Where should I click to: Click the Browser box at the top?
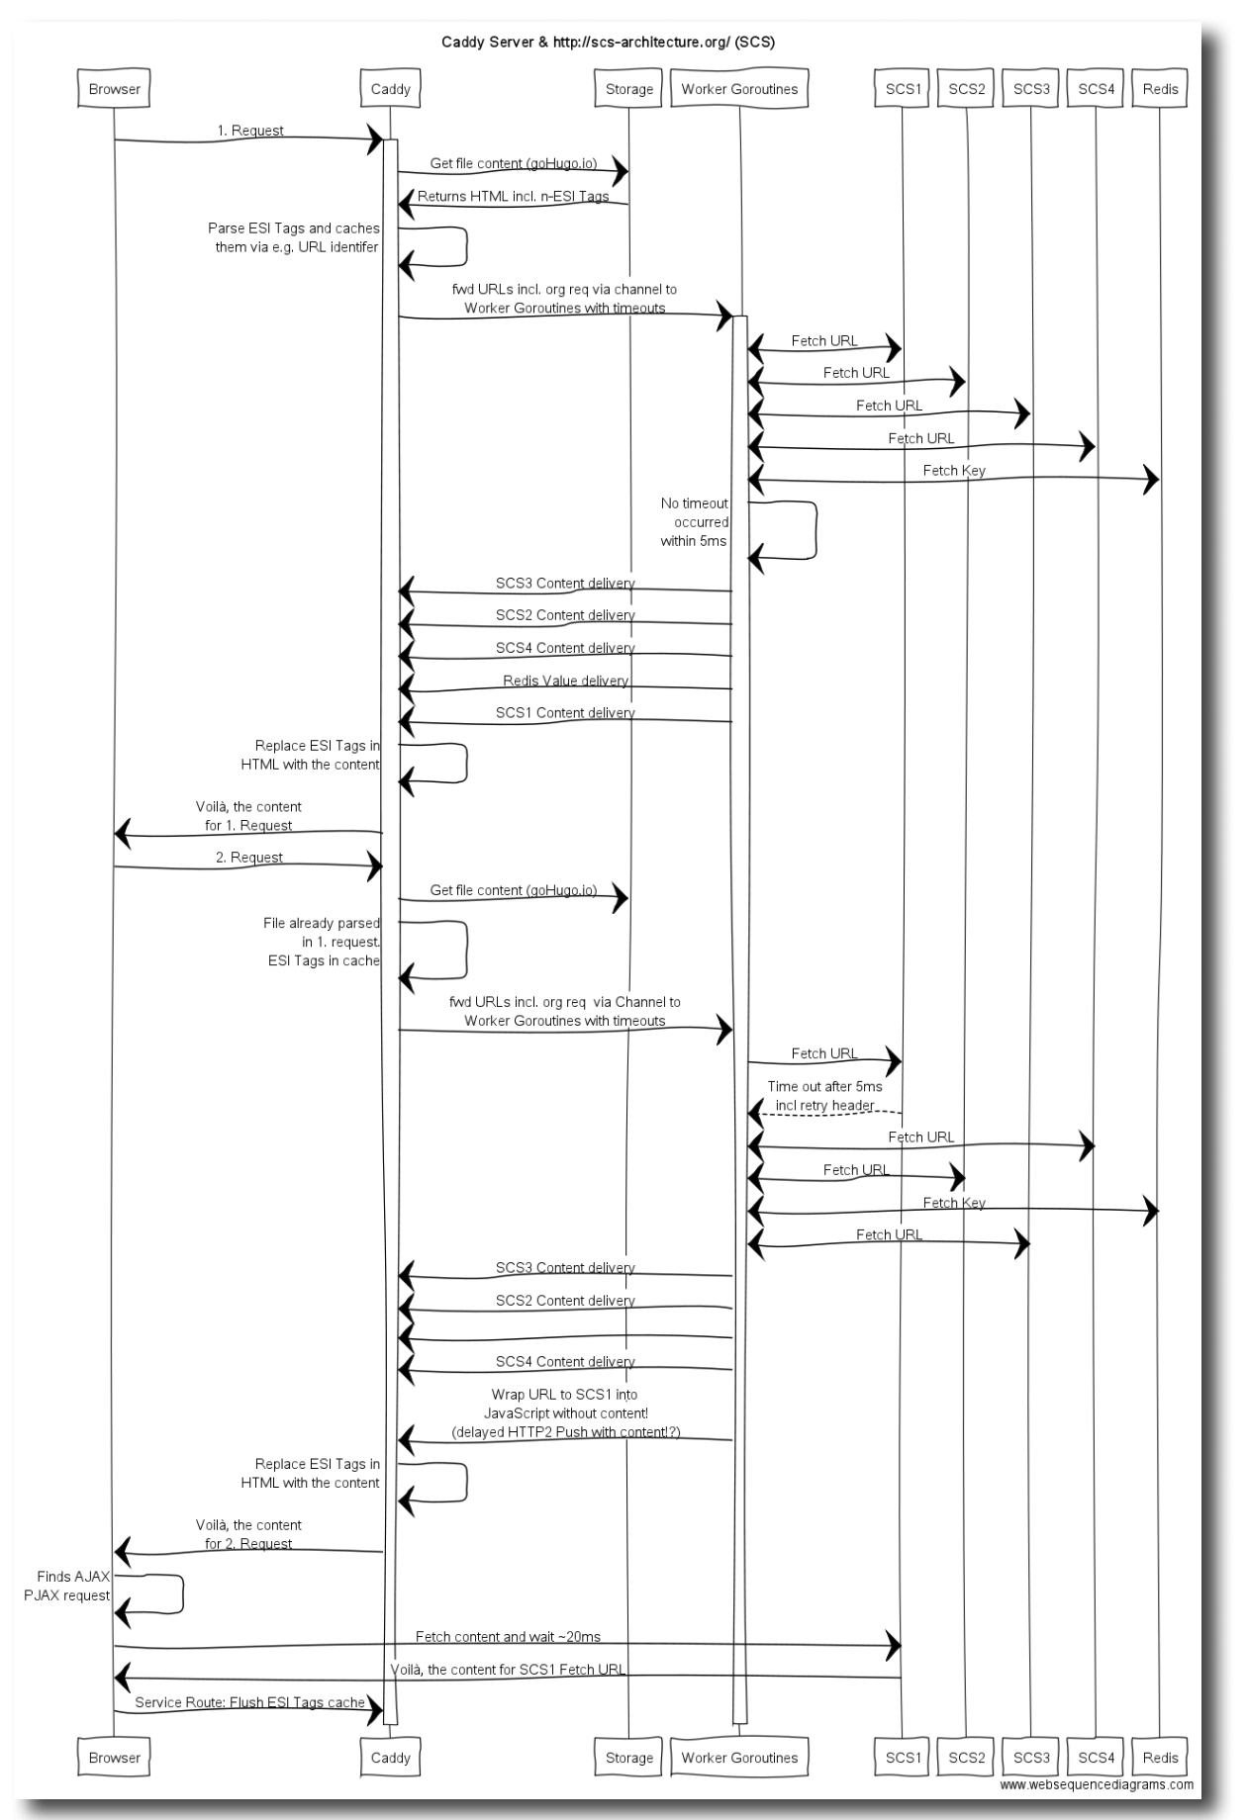pos(114,89)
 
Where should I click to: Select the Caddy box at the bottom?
pos(390,1758)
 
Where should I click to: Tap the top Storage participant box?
pos(628,89)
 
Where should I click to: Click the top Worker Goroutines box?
pos(739,89)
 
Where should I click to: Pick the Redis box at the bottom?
pos(1160,1758)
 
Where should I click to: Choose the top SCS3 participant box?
pos(1031,89)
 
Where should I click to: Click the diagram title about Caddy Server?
pos(608,43)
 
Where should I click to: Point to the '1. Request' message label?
pos(250,131)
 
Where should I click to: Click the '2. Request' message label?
pos(249,858)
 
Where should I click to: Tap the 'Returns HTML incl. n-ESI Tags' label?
pos(513,196)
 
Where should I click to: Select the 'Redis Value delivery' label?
pos(565,681)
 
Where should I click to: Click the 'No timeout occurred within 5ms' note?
pos(695,522)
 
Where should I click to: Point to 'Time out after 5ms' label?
pos(824,1086)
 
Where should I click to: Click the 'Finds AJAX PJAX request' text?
pos(67,1586)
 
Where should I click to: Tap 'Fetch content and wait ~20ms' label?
pos(508,1637)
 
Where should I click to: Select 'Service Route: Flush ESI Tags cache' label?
pos(249,1702)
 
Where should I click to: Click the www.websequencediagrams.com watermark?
pos(1096,1785)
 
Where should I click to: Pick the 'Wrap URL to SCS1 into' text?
pos(564,1395)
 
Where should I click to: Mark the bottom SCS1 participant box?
pos(903,1758)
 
